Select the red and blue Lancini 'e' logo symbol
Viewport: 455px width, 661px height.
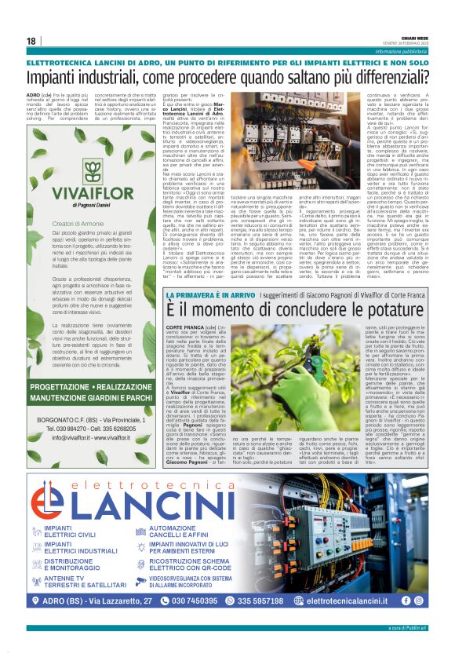(x=56, y=496)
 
